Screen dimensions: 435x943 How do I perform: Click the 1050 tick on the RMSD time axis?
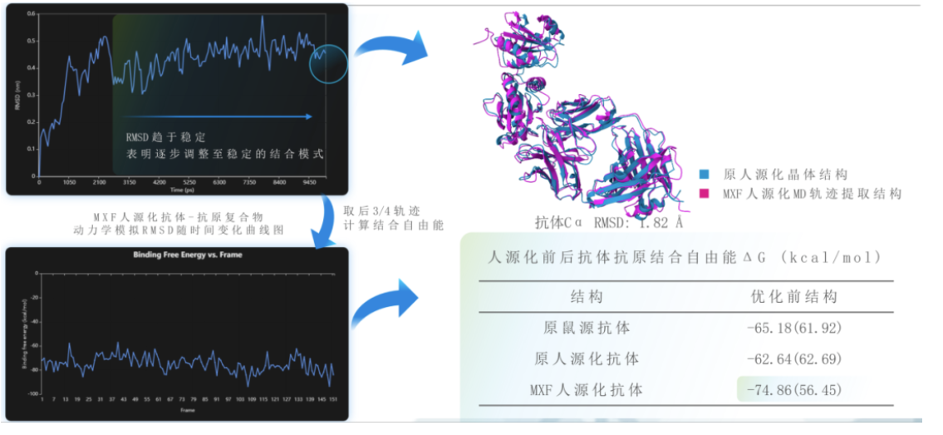pos(70,182)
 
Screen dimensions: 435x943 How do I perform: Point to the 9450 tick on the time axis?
pos(309,182)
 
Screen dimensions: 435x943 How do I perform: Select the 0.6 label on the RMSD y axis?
pos(31,14)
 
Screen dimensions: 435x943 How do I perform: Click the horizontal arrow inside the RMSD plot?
pos(217,116)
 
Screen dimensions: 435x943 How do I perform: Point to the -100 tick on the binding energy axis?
pos(32,393)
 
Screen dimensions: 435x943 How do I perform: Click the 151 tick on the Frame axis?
pos(332,400)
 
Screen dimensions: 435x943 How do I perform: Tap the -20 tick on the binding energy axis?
pos(34,297)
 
